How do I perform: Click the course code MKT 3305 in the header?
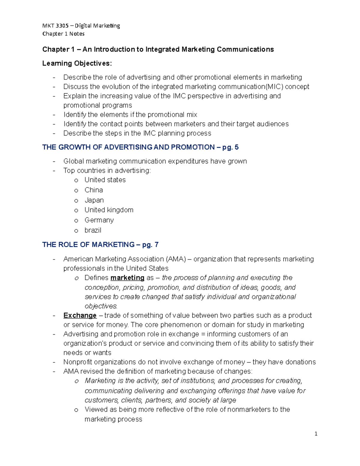55,26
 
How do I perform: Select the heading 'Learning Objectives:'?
77,63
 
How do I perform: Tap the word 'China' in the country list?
94,190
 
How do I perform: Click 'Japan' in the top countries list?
94,200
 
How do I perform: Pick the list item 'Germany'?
99,220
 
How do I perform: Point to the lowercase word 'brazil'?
93,230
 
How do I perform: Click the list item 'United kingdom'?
109,210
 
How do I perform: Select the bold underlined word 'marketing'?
127,278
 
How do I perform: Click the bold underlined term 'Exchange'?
80,315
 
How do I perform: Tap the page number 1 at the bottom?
316,434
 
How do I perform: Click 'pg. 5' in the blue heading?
230,147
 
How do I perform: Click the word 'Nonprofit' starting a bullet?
78,362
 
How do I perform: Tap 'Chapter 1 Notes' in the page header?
63,34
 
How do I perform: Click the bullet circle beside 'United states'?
76,180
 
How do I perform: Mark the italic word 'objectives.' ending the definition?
101,306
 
